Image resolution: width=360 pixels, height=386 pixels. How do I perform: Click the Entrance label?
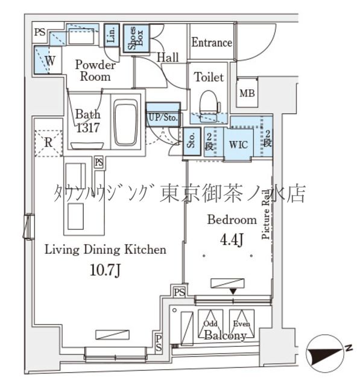(212, 43)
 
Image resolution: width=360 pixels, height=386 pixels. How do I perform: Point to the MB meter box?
(247, 93)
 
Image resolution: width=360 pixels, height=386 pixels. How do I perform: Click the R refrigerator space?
(48, 142)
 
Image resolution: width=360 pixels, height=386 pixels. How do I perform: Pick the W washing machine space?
(49, 61)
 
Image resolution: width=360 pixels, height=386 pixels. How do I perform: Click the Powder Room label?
(94, 71)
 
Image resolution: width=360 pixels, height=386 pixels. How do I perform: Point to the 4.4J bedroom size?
(232, 241)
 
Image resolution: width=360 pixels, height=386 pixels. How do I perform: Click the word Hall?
(168, 58)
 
